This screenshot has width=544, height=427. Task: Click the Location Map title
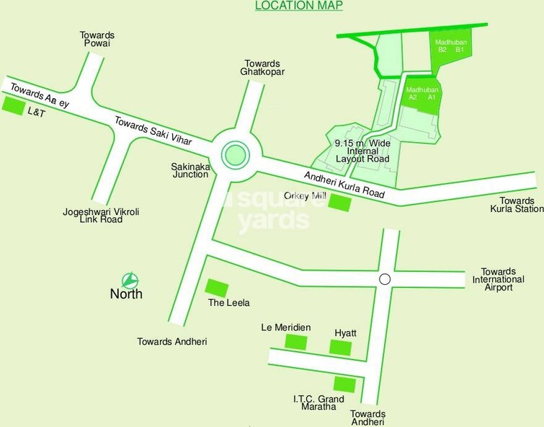click(299, 6)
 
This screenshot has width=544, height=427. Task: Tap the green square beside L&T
click(13, 106)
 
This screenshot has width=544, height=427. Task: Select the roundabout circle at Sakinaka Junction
click(234, 154)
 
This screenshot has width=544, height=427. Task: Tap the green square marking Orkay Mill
click(339, 204)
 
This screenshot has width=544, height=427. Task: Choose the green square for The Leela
click(218, 286)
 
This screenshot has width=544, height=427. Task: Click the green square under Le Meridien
click(296, 342)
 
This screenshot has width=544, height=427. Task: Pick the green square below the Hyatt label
click(341, 347)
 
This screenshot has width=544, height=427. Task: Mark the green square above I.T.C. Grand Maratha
click(344, 384)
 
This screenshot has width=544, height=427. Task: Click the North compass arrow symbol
click(129, 280)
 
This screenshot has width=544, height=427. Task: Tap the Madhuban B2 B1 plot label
click(450, 46)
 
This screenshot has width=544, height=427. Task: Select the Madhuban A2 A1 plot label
click(422, 93)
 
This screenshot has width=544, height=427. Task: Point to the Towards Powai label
click(99, 40)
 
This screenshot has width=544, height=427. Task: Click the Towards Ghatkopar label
click(264, 67)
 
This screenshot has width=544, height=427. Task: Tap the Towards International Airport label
click(498, 278)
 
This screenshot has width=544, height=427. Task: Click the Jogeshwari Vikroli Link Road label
click(92, 214)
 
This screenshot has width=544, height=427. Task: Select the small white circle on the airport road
click(385, 279)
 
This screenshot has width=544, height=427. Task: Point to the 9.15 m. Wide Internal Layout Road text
click(362, 151)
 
